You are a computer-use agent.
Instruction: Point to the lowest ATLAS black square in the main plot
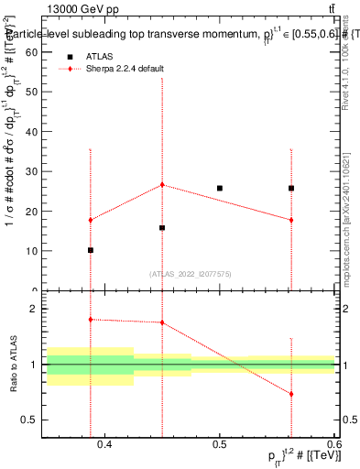(91, 250)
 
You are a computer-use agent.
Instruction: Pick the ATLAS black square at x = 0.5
(220, 188)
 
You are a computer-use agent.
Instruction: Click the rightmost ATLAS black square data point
(291, 188)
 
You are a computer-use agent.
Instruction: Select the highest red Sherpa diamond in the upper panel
(162, 184)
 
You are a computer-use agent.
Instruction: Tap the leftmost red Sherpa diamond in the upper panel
(91, 220)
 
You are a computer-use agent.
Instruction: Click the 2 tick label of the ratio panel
(34, 309)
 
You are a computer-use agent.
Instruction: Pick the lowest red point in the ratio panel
(291, 394)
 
